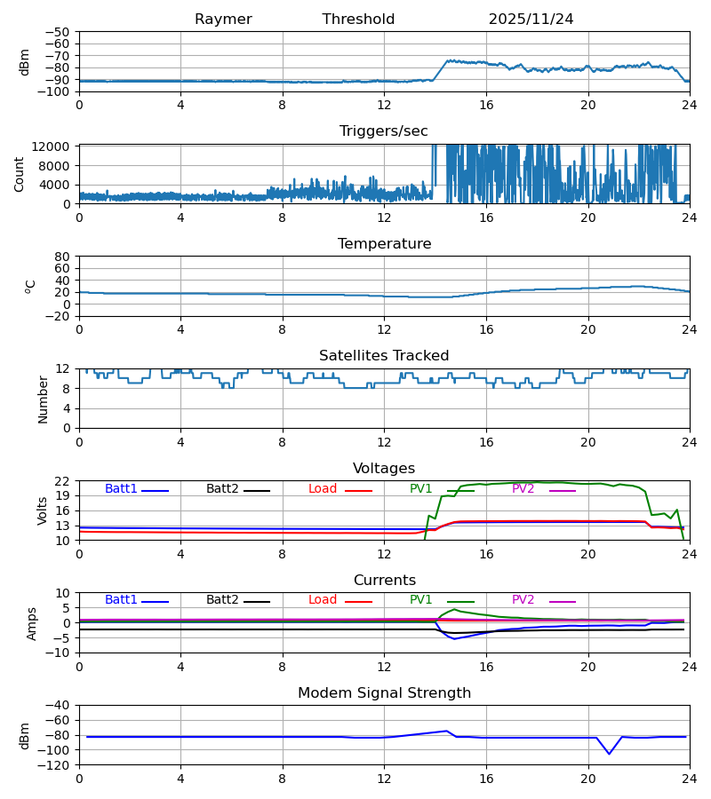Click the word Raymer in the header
(x=223, y=20)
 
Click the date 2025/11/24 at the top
(x=531, y=20)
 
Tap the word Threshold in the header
(x=358, y=20)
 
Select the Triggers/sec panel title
(x=384, y=131)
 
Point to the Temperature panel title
(x=384, y=244)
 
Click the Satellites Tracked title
(x=384, y=356)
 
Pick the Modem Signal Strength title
(x=384, y=693)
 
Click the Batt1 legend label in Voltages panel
(x=121, y=489)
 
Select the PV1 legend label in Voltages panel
(x=420, y=489)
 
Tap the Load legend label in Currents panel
(x=322, y=600)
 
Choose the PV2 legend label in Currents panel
(x=523, y=600)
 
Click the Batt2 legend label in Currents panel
(x=223, y=600)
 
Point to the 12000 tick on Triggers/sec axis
(x=55, y=146)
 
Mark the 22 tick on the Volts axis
(x=64, y=481)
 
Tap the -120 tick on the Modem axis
(x=54, y=765)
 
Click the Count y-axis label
(x=20, y=174)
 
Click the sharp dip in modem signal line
(x=609, y=754)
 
